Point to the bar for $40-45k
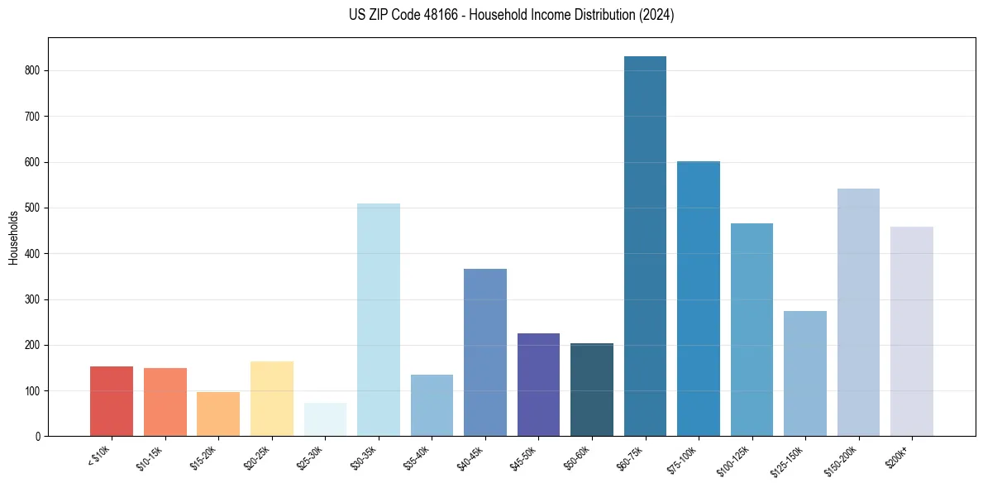click(485, 352)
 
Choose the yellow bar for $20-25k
click(272, 399)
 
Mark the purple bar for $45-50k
click(538, 385)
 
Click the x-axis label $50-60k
click(577, 457)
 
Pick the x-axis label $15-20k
click(203, 457)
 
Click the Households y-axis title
click(13, 237)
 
